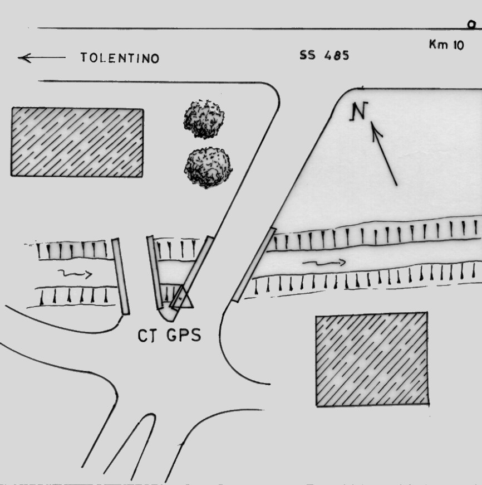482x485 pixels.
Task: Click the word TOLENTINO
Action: [120, 58]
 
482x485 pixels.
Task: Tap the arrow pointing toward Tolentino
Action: [41, 57]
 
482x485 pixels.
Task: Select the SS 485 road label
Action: [324, 55]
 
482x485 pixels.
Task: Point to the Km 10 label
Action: [446, 45]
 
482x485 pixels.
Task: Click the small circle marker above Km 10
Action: [471, 25]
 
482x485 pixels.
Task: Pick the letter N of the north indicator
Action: [359, 111]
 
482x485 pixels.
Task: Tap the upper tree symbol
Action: [204, 119]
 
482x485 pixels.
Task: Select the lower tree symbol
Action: [208, 167]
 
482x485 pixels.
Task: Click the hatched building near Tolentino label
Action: [77, 142]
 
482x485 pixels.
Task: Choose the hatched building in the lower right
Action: [372, 359]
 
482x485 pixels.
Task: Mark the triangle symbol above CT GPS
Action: [183, 297]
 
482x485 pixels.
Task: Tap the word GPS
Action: [184, 335]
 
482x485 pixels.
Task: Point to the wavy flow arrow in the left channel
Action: [75, 273]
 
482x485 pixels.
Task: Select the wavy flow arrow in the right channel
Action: [324, 263]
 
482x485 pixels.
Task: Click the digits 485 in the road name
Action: [337, 55]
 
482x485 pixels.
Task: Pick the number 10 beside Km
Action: [459, 45]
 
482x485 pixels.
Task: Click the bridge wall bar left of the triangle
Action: [155, 273]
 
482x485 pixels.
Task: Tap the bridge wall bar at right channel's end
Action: [254, 264]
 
